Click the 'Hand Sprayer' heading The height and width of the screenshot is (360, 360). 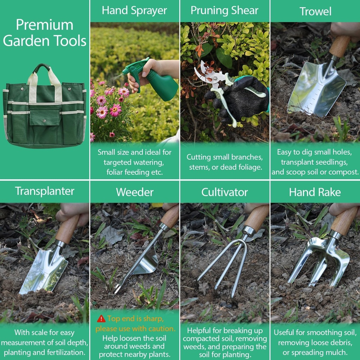[x=134, y=11]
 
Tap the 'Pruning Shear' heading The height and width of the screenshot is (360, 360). [x=224, y=11]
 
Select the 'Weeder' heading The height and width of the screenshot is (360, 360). [x=135, y=192]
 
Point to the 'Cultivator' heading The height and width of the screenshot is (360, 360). [x=224, y=192]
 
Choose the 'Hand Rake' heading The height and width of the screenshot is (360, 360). [x=315, y=192]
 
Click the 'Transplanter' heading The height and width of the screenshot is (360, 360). [x=45, y=191]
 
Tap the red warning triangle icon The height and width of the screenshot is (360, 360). [x=101, y=319]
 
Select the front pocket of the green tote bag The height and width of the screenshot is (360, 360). [x=45, y=118]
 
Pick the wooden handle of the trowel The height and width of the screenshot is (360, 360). [x=340, y=46]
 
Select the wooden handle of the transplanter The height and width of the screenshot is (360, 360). [x=67, y=229]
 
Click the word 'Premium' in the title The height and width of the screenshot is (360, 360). [x=45, y=25]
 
